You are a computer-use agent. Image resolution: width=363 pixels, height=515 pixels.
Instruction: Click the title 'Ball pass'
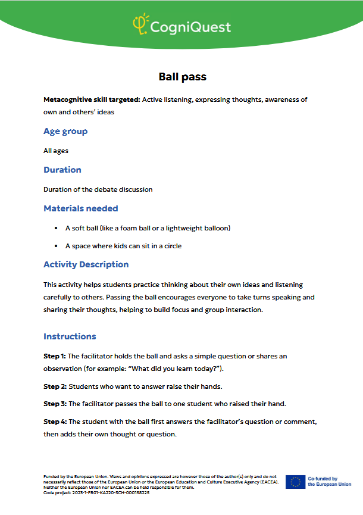(x=182, y=77)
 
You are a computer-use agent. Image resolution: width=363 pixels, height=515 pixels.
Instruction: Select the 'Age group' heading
(x=65, y=131)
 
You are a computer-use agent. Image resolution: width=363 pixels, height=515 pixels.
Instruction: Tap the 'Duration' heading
(x=62, y=170)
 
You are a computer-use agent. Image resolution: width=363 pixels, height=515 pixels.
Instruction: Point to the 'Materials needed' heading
(x=81, y=208)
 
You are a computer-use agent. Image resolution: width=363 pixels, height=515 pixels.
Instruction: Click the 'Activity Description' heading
(x=86, y=264)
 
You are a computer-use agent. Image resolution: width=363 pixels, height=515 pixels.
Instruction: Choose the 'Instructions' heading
(x=70, y=336)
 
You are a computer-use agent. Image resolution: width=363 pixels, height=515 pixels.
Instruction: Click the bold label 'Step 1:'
(x=55, y=356)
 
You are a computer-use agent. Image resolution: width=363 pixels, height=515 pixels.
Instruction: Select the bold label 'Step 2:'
(x=55, y=386)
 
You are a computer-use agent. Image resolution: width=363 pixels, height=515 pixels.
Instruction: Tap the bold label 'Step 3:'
(x=55, y=404)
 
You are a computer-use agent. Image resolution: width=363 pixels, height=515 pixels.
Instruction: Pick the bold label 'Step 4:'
(x=55, y=422)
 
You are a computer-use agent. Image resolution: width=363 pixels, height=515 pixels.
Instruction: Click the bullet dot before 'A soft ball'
(x=56, y=228)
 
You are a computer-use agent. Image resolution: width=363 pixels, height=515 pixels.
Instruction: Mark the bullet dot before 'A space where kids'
(x=56, y=246)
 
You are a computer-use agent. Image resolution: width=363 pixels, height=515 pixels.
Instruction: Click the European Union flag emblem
(x=295, y=482)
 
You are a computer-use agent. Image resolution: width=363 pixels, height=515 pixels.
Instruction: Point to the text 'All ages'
(x=56, y=151)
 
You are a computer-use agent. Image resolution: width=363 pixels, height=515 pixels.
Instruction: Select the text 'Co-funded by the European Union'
(x=329, y=482)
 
